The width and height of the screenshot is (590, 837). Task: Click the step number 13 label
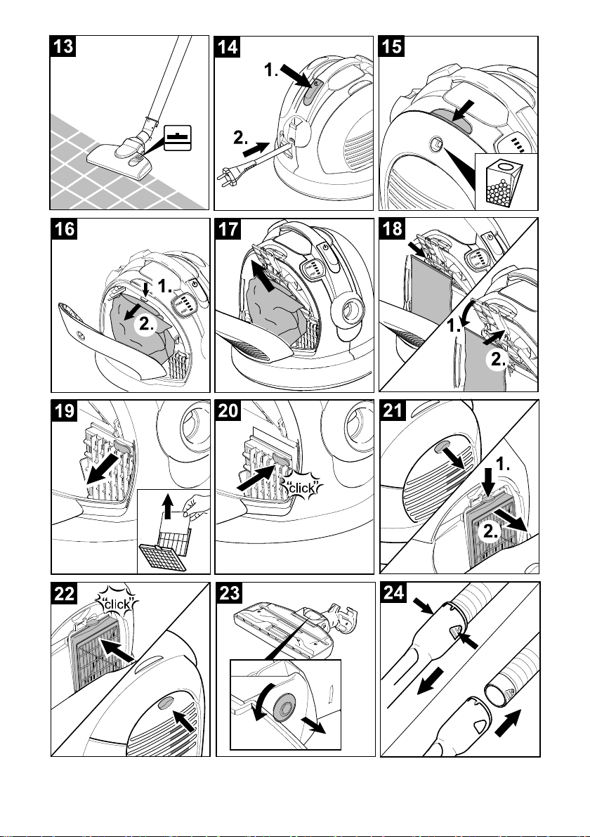(63, 46)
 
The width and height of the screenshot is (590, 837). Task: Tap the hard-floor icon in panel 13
(178, 138)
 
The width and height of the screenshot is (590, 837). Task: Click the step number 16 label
(64, 229)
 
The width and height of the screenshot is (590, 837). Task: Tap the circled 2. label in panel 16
(146, 323)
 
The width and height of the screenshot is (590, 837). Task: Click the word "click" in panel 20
(302, 488)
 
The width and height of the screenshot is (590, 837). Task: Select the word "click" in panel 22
(117, 604)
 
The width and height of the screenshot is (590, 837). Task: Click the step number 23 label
(230, 593)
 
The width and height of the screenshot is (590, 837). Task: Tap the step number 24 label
(394, 593)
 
